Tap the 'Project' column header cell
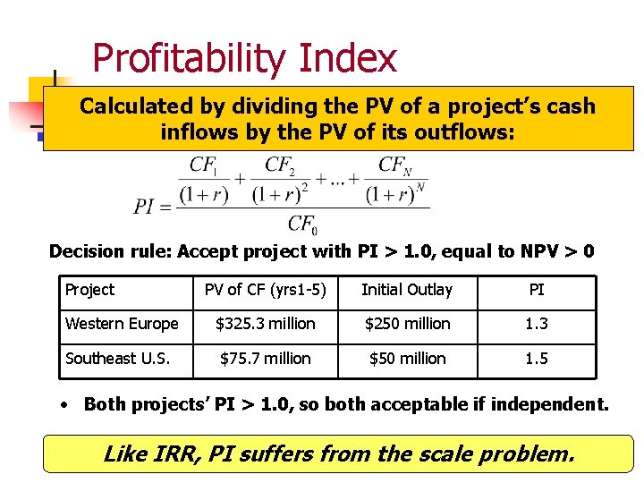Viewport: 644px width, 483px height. tap(89, 290)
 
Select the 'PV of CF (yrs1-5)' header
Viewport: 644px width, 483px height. tap(265, 290)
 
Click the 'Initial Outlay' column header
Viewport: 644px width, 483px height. tap(407, 290)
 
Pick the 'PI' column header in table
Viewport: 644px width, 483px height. tap(537, 290)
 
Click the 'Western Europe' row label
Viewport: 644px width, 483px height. tap(122, 324)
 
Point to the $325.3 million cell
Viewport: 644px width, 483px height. tap(265, 324)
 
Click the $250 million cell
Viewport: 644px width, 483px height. tap(407, 324)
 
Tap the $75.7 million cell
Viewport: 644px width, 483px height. tap(265, 359)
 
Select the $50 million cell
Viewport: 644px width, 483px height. tap(407, 359)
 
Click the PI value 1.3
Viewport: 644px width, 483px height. tap(537, 324)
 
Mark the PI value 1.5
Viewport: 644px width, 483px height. tap(537, 359)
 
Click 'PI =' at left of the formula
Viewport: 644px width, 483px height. tap(152, 208)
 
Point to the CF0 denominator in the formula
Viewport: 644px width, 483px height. tap(301, 224)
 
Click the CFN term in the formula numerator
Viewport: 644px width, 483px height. tap(395, 166)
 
